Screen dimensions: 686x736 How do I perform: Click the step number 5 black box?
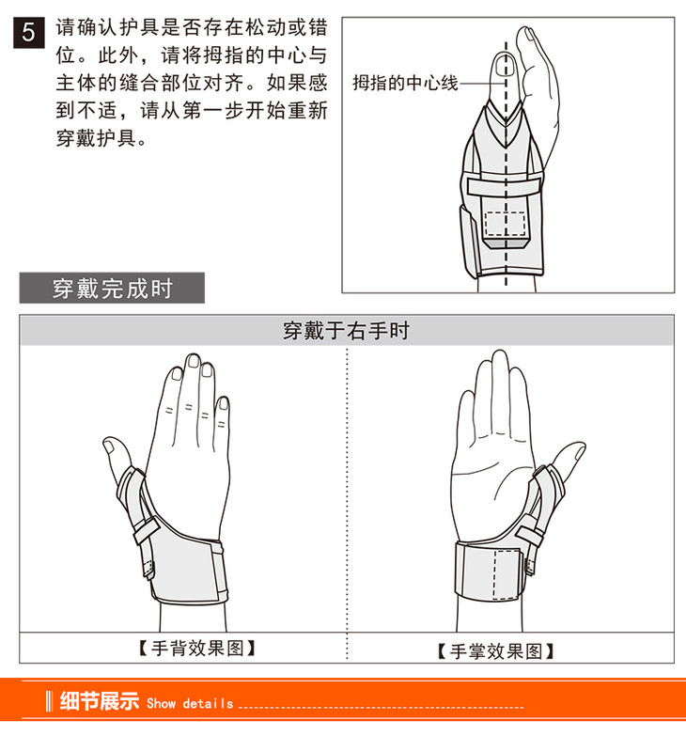point(28,32)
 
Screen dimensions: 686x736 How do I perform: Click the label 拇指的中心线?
point(405,83)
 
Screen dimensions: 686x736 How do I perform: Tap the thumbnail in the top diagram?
point(504,65)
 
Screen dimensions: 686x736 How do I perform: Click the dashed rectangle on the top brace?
point(505,224)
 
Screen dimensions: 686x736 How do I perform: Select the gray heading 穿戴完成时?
point(112,288)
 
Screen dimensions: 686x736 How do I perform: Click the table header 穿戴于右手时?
point(346,331)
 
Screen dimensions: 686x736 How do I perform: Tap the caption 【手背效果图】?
point(197,649)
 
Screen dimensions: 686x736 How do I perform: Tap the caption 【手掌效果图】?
point(495,651)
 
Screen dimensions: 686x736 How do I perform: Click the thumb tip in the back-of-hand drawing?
point(109,444)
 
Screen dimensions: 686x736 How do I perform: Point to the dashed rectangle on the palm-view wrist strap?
point(507,575)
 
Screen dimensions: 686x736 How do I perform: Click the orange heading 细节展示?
point(100,701)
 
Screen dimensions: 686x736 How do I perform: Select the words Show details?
point(190,703)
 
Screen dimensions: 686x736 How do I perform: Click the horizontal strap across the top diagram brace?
point(504,187)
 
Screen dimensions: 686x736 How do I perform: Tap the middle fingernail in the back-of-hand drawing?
point(193,362)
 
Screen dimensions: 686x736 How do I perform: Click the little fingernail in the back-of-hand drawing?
point(224,403)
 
